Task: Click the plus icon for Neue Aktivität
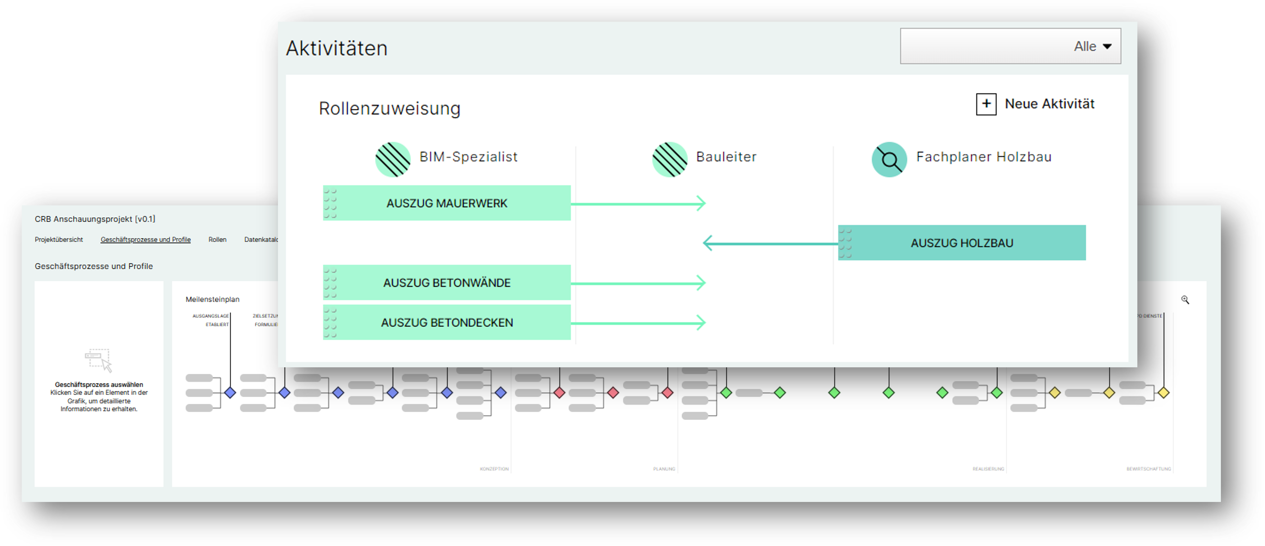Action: pyautogui.click(x=985, y=104)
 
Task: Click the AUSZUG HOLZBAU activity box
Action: pyautogui.click(x=962, y=243)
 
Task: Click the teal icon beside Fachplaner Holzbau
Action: pyautogui.click(x=889, y=159)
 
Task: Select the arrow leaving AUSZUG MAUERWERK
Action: pyautogui.click(x=638, y=203)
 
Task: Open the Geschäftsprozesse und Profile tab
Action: pyautogui.click(x=145, y=239)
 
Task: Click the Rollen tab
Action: pyautogui.click(x=217, y=239)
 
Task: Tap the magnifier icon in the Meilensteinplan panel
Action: pyautogui.click(x=1185, y=300)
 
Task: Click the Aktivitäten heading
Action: pyautogui.click(x=337, y=48)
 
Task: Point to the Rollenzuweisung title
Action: pyautogui.click(x=389, y=108)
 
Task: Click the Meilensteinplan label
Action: pyautogui.click(x=212, y=299)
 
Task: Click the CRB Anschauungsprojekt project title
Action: pyautogui.click(x=95, y=219)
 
